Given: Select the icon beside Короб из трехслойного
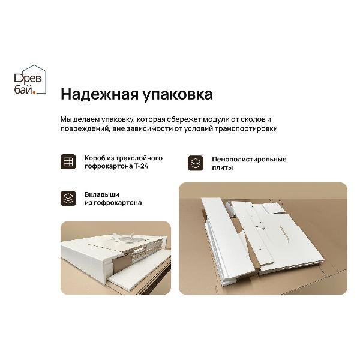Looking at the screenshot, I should [68, 162].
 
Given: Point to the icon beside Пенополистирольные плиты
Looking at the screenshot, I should [196, 163].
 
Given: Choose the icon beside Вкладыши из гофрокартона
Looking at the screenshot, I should [68, 199].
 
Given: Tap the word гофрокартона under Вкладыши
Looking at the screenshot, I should [119, 203].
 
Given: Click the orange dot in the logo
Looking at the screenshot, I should [35, 92].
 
